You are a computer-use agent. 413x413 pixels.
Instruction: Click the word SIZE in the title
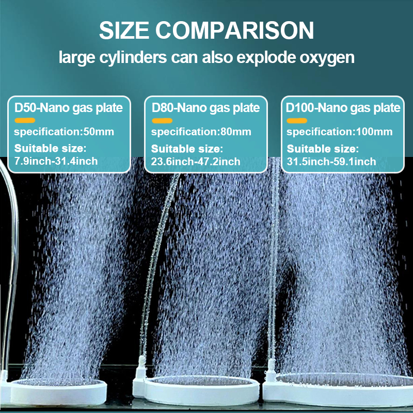pyautogui.click(x=124, y=30)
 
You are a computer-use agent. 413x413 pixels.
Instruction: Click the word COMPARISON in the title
pyautogui.click(x=235, y=30)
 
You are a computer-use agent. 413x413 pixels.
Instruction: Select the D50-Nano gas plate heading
pyautogui.click(x=69, y=108)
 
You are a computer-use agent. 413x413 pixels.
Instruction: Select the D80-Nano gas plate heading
pyautogui.click(x=205, y=108)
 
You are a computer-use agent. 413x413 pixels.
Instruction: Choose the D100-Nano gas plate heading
pyautogui.click(x=343, y=108)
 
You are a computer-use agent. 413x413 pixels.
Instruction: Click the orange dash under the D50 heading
pyautogui.click(x=25, y=120)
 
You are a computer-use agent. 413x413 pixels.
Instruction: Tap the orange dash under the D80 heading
pyautogui.click(x=162, y=121)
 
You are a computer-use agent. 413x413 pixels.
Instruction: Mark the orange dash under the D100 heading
pyautogui.click(x=297, y=121)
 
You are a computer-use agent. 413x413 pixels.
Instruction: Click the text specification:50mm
pyautogui.click(x=64, y=132)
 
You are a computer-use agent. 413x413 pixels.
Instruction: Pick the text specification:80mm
pyautogui.click(x=201, y=132)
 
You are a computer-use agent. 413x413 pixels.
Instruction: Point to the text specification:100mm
pyautogui.click(x=340, y=132)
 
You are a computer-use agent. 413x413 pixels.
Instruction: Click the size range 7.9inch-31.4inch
pyautogui.click(x=56, y=161)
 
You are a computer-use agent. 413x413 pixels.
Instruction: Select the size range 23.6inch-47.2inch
pyautogui.click(x=196, y=162)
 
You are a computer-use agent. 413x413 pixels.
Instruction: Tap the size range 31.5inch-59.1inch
pyautogui.click(x=331, y=162)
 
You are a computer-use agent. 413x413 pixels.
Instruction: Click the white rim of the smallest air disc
pyautogui.click(x=58, y=394)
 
